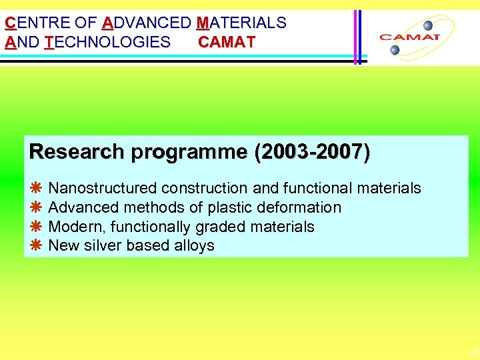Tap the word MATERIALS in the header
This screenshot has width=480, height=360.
pos(241,23)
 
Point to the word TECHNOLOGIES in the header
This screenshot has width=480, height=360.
pos(107,43)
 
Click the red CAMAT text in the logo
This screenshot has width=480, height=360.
pos(409,37)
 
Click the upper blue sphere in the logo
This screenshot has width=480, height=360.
pos(428,26)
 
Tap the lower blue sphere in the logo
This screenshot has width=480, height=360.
pos(395,50)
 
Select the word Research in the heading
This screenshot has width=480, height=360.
pos(77,152)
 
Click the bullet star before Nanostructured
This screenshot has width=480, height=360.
pos(37,189)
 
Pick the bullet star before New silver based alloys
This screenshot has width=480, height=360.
pos(37,246)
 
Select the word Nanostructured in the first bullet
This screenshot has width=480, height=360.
pos(103,189)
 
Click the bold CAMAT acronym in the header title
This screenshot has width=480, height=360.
pos(227,43)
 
